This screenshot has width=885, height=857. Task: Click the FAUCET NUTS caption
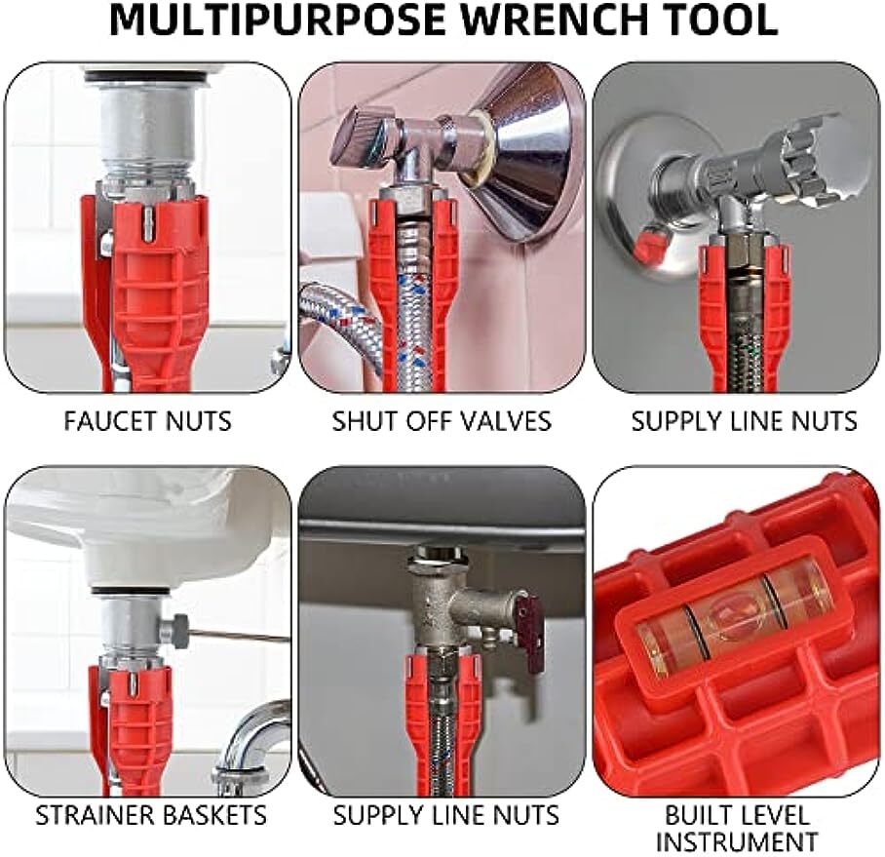click(x=148, y=421)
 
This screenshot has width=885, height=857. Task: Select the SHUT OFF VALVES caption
click(x=442, y=421)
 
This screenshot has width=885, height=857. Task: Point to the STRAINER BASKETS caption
click(x=151, y=815)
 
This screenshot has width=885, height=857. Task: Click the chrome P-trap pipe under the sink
click(x=249, y=741)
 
